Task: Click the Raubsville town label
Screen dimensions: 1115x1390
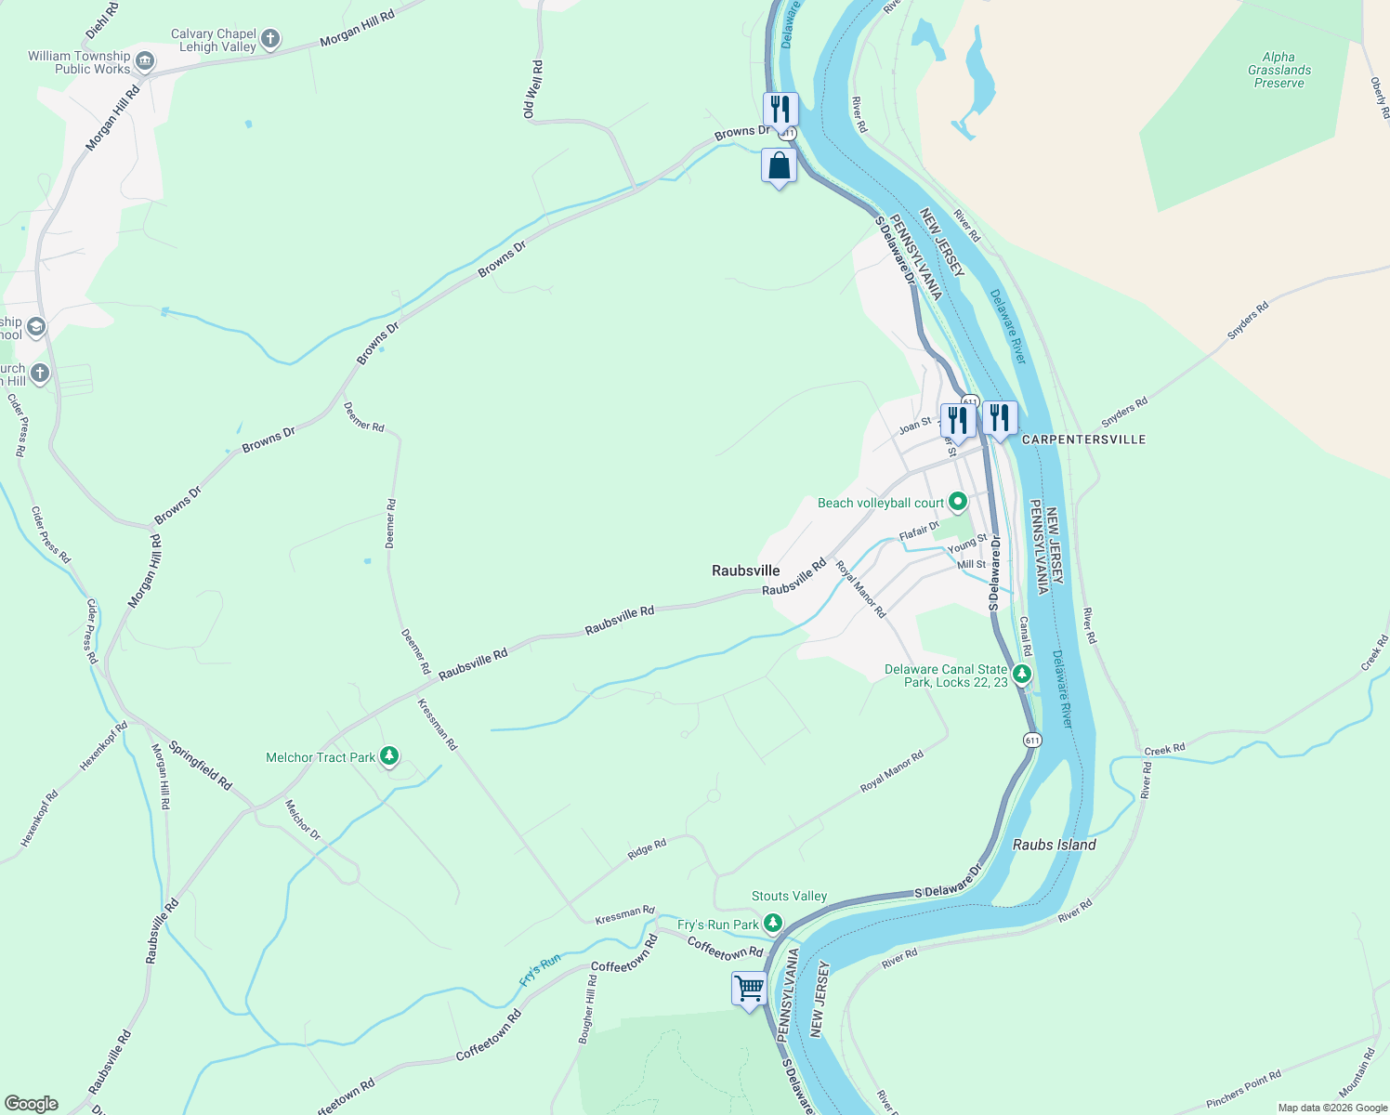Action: pos(745,571)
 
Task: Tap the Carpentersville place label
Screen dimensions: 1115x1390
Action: pos(1083,439)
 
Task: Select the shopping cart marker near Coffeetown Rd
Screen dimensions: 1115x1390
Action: pos(749,988)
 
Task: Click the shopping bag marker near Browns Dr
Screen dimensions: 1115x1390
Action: pos(779,166)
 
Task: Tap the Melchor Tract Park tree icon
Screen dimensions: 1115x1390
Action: pos(390,756)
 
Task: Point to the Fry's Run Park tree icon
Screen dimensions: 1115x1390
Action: pos(772,924)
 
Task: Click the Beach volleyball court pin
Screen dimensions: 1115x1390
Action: pos(957,503)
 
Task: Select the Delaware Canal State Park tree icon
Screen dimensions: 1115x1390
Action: pos(1022,674)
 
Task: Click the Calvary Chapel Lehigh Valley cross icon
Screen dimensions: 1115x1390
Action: pos(270,39)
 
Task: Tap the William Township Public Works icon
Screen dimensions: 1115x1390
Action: pos(145,62)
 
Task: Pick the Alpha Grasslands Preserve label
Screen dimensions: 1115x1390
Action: pos(1279,70)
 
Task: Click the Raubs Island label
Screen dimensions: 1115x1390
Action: pos(1054,845)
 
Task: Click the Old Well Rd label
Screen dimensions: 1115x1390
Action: pos(532,89)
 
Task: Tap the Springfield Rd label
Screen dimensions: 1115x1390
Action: pos(200,766)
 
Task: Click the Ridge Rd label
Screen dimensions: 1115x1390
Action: pos(647,849)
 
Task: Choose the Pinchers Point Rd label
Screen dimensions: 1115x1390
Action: pos(1243,1088)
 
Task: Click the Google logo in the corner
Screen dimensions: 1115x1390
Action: pos(31,1103)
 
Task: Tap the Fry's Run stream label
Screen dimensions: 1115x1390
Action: pos(540,970)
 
